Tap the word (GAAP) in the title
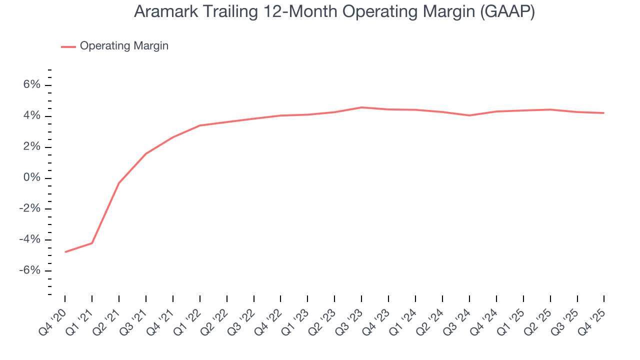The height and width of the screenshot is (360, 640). click(x=507, y=12)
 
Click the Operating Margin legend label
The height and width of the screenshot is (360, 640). click(x=124, y=46)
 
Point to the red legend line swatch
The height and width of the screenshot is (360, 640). click(x=68, y=46)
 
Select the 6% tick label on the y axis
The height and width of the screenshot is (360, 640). click(x=31, y=85)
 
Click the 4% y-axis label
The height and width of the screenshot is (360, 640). click(x=31, y=116)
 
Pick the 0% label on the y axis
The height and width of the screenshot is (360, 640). click(x=31, y=178)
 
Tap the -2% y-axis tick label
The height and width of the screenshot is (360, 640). click(x=29, y=209)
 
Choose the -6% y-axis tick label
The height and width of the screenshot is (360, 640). click(x=29, y=270)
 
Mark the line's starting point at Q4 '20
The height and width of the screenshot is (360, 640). click(x=65, y=252)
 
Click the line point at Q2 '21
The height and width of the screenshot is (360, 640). click(x=119, y=183)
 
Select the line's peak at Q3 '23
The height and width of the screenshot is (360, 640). click(x=361, y=107)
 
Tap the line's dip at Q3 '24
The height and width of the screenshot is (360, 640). click(x=469, y=115)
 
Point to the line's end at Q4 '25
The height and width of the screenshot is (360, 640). click(x=604, y=113)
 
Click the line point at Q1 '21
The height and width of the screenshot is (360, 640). click(x=92, y=243)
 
